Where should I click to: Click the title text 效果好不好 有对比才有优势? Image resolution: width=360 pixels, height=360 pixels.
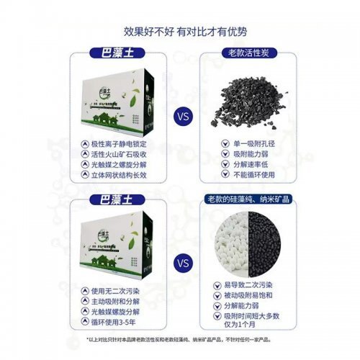pos(179,32)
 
